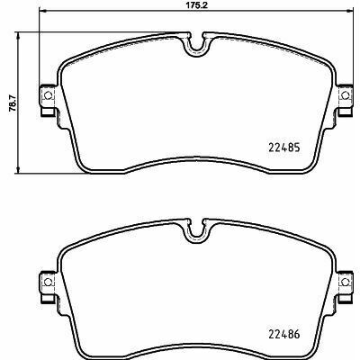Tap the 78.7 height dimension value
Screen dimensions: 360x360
click(12, 103)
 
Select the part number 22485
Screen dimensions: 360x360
click(283, 148)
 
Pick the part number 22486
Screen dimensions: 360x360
click(283, 334)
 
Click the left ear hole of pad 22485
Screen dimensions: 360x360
click(48, 95)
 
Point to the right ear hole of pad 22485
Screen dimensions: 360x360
click(346, 95)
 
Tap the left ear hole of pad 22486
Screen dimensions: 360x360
click(48, 282)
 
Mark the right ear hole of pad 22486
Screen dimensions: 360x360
click(346, 282)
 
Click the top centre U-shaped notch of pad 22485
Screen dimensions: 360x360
click(197, 49)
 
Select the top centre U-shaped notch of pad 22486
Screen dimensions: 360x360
click(197, 237)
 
